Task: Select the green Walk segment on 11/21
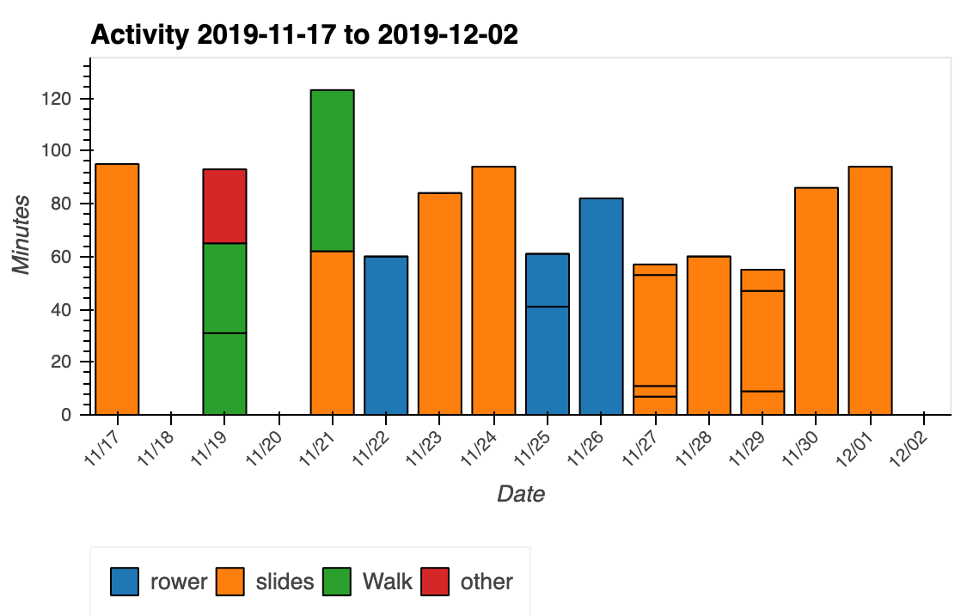[x=332, y=170]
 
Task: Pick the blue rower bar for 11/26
[x=601, y=306]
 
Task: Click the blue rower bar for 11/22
[x=386, y=335]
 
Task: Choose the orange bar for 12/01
[x=870, y=290]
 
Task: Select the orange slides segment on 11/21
[x=332, y=332]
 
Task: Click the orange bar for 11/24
[x=493, y=290]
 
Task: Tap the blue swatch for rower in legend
[x=125, y=582]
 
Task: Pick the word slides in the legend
[x=285, y=582]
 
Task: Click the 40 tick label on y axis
[x=58, y=309]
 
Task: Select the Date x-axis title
[x=521, y=494]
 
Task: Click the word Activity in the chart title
[x=140, y=35]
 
